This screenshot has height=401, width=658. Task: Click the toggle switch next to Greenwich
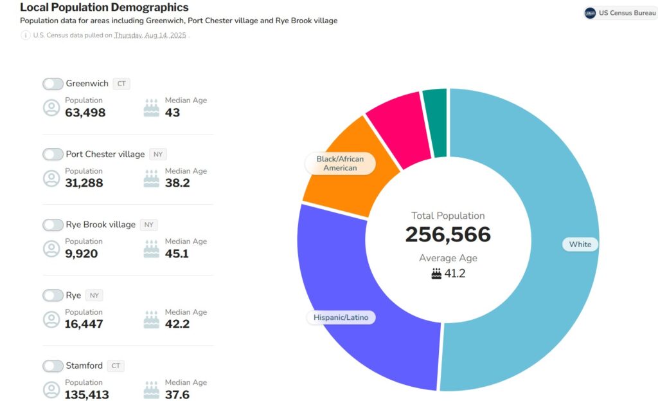[53, 84]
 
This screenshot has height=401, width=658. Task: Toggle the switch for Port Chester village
[53, 154]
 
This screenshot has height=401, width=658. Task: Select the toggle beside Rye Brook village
[53, 225]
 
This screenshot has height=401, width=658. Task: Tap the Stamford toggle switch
[53, 366]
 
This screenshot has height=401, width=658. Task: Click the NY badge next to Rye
[94, 295]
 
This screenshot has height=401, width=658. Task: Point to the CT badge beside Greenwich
[121, 84]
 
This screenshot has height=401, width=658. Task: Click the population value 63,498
[85, 113]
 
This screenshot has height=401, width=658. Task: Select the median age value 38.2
[177, 183]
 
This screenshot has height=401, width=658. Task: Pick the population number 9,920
[81, 254]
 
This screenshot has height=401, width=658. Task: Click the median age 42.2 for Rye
[177, 324]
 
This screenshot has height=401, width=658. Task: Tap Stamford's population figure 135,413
[87, 395]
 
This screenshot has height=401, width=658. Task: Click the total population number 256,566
[448, 235]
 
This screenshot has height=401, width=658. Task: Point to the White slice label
[580, 245]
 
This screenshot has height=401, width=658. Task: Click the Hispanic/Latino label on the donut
[341, 317]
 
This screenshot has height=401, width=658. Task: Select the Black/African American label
[340, 163]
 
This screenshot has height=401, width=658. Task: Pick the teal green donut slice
[436, 122]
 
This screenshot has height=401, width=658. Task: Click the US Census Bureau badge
[620, 13]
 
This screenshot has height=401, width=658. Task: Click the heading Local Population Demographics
[104, 8]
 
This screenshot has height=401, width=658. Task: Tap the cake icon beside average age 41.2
[436, 274]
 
